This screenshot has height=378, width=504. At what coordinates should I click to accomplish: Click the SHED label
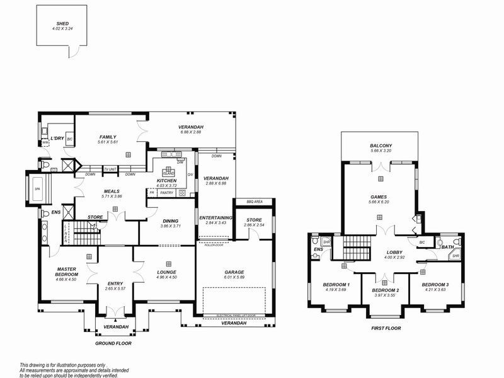pyautogui.click(x=63, y=23)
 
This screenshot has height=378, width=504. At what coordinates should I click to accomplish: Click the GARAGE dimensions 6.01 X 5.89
pyautogui.click(x=234, y=277)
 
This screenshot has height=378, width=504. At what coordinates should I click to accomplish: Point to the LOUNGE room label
pyautogui.click(x=168, y=272)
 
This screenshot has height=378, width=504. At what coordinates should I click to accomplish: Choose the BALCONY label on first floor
pyautogui.click(x=381, y=146)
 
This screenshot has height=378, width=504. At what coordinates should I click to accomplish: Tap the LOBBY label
pyautogui.click(x=394, y=252)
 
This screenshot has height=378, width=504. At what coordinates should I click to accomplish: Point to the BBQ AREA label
pyautogui.click(x=255, y=202)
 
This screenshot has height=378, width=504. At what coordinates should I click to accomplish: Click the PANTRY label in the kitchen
pyautogui.click(x=166, y=193)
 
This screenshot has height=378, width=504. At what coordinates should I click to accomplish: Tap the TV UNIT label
pyautogui.click(x=110, y=169)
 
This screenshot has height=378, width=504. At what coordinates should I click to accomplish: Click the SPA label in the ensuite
pyautogui.click(x=37, y=188)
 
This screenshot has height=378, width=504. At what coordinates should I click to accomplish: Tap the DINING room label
pyautogui.click(x=170, y=220)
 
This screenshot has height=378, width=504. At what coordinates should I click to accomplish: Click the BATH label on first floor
pyautogui.click(x=447, y=247)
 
